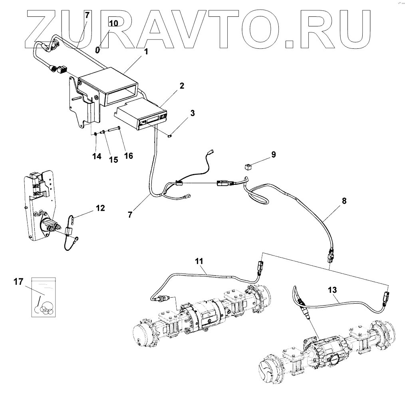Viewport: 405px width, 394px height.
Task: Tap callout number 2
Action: pos(182,86)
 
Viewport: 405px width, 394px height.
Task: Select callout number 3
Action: pos(193,113)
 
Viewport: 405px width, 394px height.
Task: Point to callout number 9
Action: pos(273,154)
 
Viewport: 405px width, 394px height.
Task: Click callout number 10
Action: pos(113,23)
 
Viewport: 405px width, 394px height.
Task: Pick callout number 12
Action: pos(100,208)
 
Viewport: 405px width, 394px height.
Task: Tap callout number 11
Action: pos(199,261)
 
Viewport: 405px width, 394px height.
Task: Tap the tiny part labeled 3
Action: pos(170,136)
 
